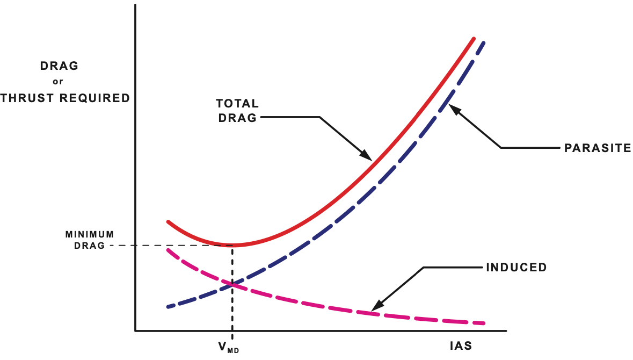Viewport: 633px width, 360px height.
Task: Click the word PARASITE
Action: (x=597, y=148)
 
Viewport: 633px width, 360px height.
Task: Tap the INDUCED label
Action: (x=516, y=267)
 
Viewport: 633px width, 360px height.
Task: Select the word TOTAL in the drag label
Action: (x=237, y=103)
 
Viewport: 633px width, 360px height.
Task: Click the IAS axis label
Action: (x=461, y=345)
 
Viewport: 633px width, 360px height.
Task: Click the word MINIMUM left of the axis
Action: (x=90, y=235)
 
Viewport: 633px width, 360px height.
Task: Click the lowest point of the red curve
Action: (x=232, y=246)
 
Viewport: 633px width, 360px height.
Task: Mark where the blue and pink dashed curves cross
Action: (x=232, y=284)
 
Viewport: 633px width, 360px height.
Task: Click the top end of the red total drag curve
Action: (x=474, y=39)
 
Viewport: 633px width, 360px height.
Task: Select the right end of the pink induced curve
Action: (x=484, y=323)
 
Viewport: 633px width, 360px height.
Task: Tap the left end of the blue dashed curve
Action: (x=168, y=307)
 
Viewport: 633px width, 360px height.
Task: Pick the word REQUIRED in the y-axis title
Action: (x=100, y=98)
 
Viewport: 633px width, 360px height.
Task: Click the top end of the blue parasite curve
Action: (x=484, y=42)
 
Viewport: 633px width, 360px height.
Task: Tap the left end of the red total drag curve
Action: (x=168, y=221)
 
